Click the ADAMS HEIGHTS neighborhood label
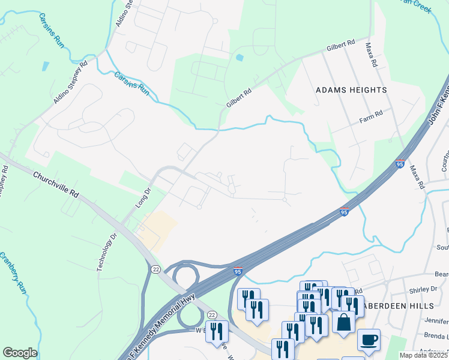click(x=351, y=90)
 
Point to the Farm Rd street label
click(x=371, y=115)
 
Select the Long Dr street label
click(x=142, y=199)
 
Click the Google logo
click(x=20, y=353)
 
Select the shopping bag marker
click(x=345, y=322)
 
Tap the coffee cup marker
click(x=369, y=339)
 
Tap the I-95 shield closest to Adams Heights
click(x=400, y=164)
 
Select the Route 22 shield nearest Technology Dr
click(x=155, y=269)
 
